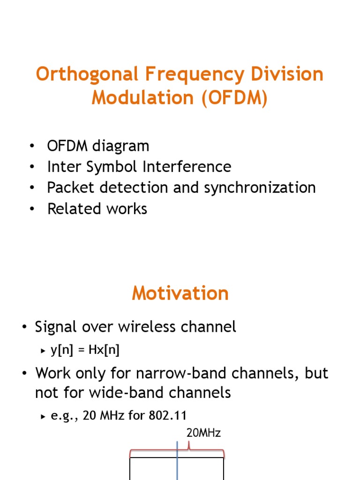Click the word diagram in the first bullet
[120, 146]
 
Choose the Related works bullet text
[97, 209]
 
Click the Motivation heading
[180, 293]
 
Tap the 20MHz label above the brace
[203, 433]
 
